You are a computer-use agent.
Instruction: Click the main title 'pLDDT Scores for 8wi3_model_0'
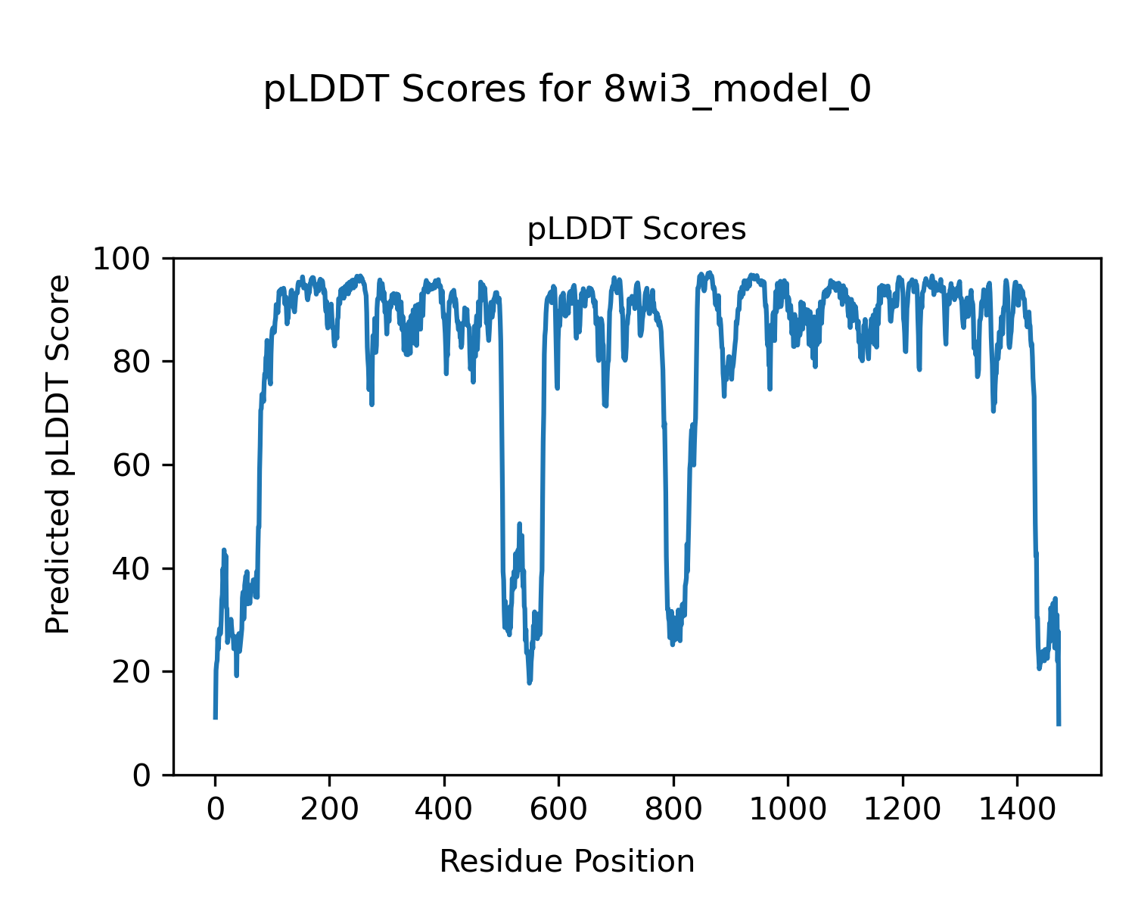coord(567,90)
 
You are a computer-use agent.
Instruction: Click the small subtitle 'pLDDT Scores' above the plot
coord(636,229)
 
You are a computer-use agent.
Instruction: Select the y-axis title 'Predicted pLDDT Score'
coord(58,454)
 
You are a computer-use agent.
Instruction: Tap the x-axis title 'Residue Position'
coord(567,861)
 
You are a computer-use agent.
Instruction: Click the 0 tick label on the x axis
coord(216,810)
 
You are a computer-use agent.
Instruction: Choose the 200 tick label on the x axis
coord(330,810)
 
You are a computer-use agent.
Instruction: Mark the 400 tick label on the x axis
coord(444,810)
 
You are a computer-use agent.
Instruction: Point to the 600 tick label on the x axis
coord(558,810)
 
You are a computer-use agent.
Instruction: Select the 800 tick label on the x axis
coord(673,810)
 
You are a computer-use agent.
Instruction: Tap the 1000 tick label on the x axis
coord(788,810)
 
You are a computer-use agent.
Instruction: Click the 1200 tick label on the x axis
coord(902,810)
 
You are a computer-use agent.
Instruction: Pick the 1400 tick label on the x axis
coord(1016,810)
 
